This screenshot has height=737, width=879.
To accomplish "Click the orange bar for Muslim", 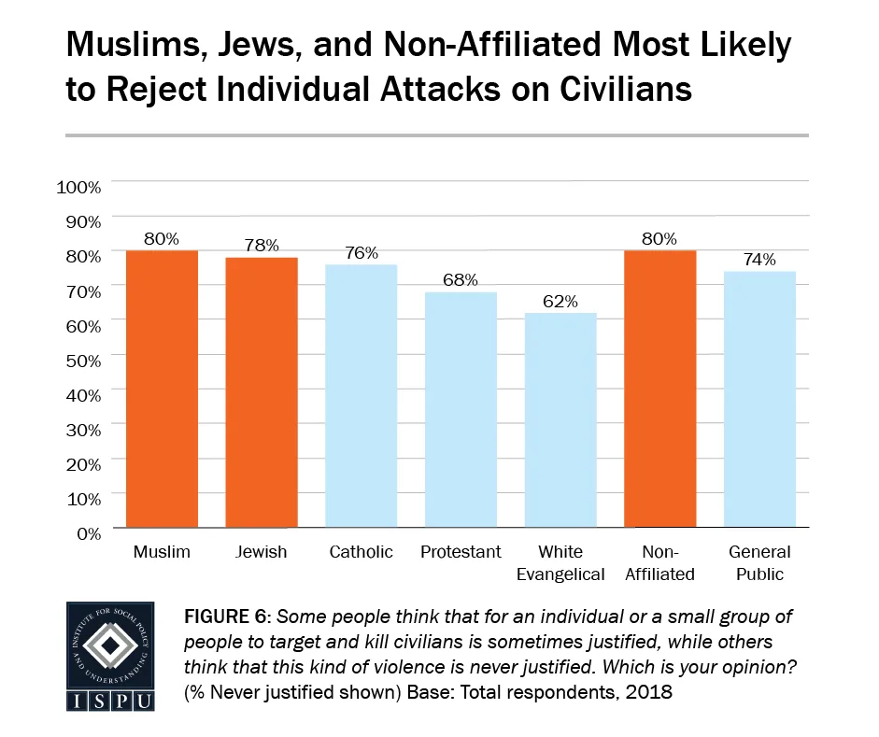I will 162,389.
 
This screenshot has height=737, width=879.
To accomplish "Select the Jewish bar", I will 261,392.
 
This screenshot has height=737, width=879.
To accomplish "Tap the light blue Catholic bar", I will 361,396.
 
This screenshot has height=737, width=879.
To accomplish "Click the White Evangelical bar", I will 560,420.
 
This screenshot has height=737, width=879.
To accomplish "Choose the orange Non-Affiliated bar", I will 659,389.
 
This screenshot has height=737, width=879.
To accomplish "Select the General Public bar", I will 759,399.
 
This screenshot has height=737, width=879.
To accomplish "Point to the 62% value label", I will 560,302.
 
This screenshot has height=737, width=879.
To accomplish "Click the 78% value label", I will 262,246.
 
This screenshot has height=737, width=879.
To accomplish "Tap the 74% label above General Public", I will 759,260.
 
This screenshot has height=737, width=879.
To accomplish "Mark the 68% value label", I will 461,280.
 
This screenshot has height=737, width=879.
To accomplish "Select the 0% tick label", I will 87,533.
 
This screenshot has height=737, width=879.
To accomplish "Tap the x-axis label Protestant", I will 461,552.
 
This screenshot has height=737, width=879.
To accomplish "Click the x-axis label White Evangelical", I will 560,563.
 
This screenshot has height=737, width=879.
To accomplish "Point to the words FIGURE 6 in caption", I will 229,618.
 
